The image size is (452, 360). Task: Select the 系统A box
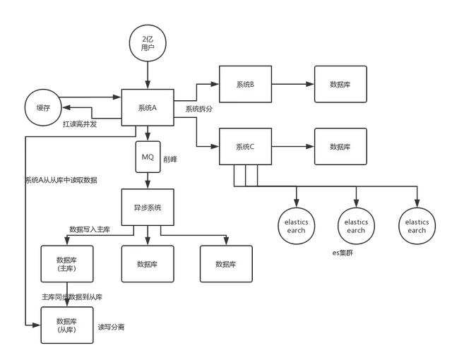tap(148, 108)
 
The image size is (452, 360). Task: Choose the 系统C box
tap(245, 147)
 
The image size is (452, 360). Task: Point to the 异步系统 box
tap(148, 208)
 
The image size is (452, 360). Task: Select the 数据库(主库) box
tap(66, 264)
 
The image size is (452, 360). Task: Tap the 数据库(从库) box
tap(66, 325)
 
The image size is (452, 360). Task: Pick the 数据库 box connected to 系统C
tap(340, 147)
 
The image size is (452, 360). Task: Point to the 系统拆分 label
tap(200, 109)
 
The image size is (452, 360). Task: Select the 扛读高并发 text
tap(79, 124)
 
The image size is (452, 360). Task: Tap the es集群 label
tap(343, 252)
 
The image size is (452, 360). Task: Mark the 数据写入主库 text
tap(90, 229)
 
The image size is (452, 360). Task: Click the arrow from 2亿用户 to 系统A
tap(148, 75)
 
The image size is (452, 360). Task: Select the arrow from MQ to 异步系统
tap(148, 181)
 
